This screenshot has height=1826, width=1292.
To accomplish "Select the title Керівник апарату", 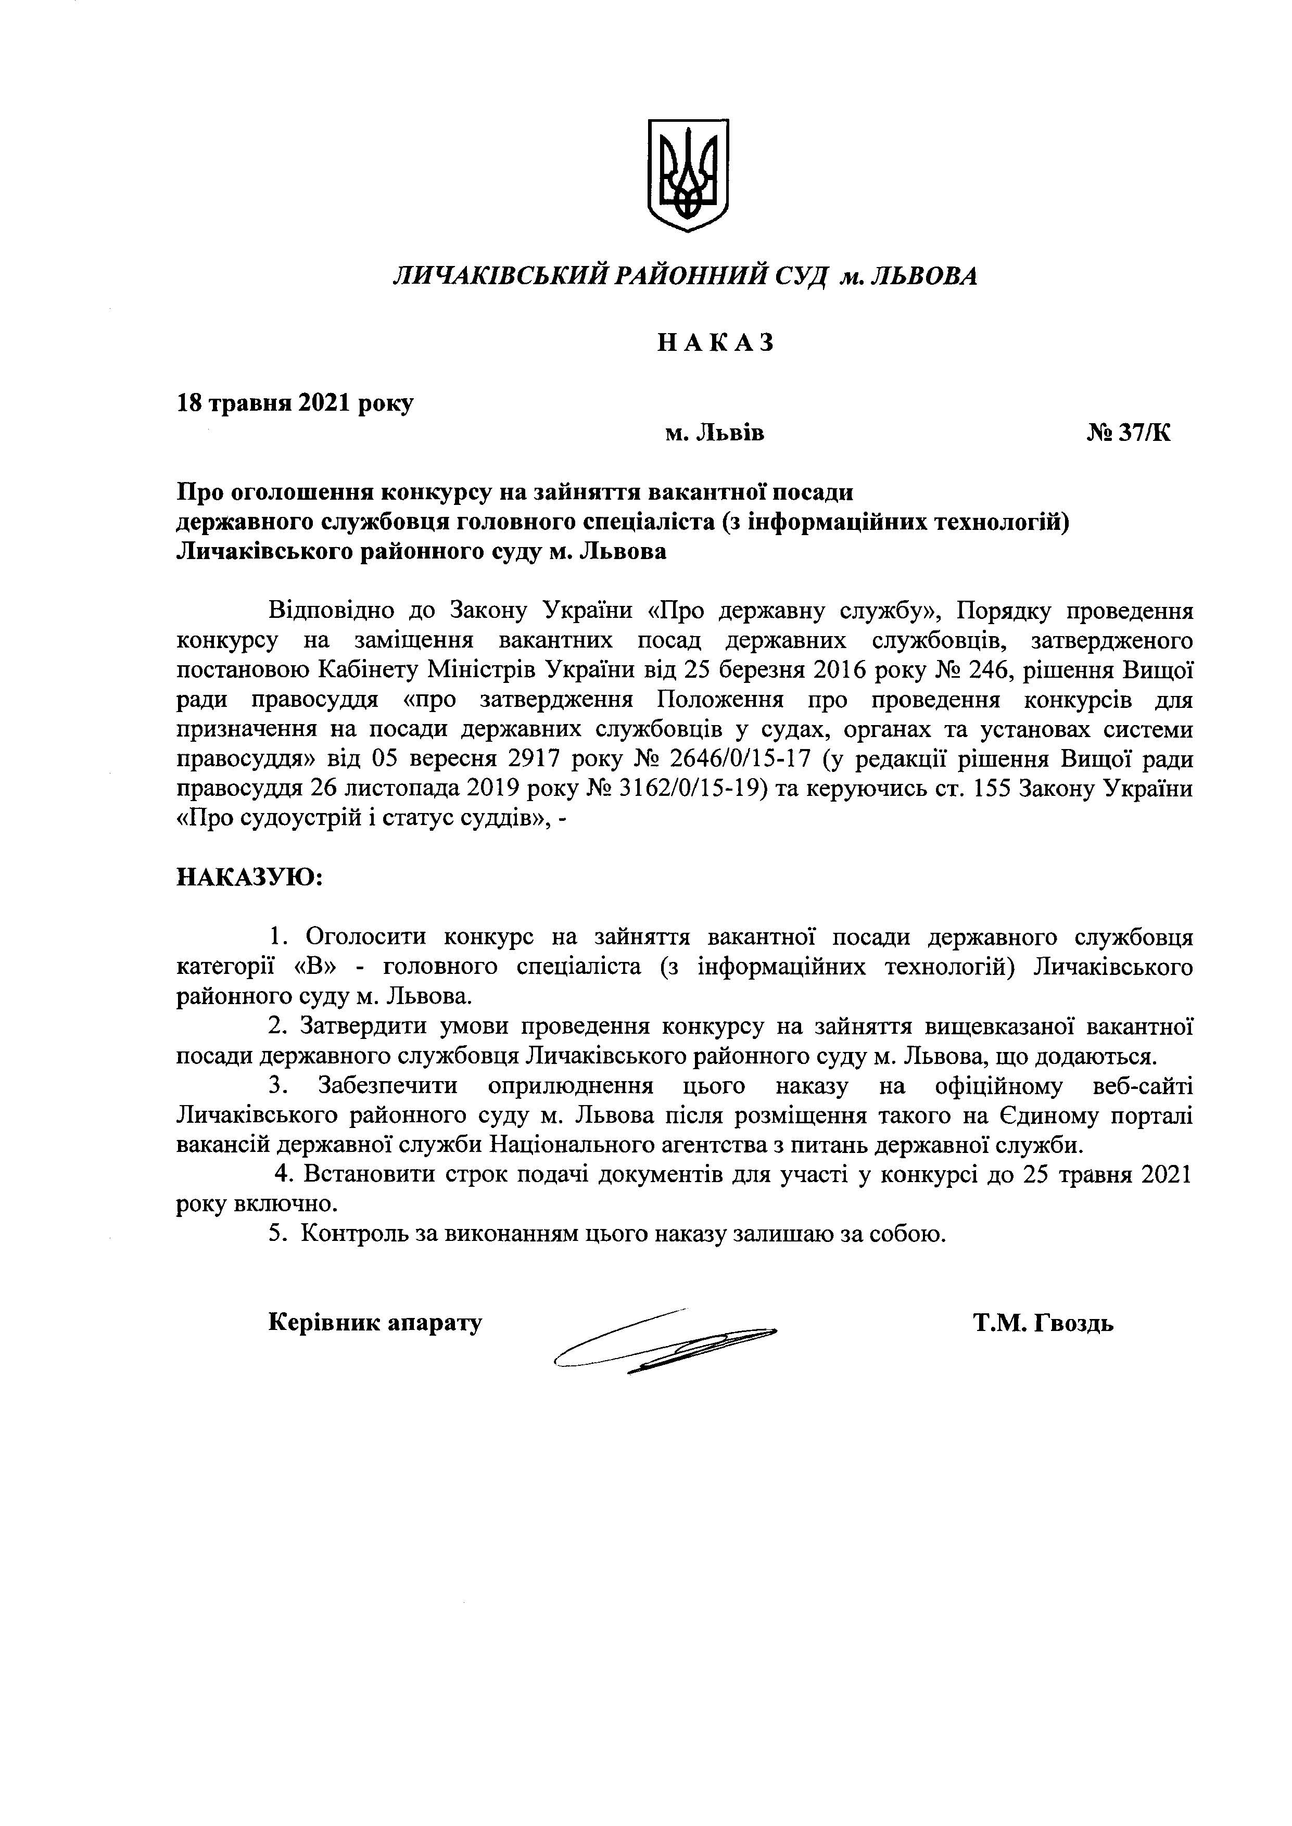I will click(375, 1323).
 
